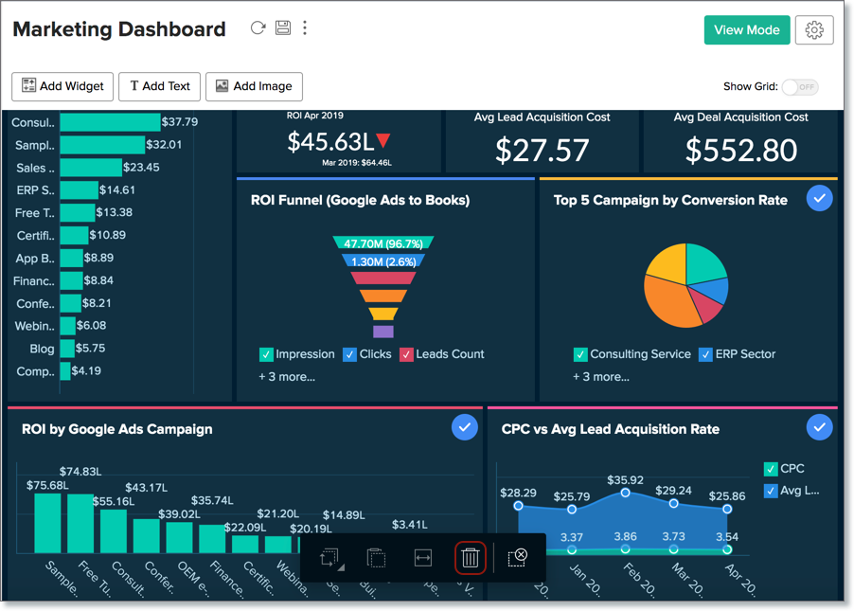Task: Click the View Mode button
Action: point(746,30)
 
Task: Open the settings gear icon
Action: point(814,30)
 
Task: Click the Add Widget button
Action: point(62,86)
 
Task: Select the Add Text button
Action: point(159,86)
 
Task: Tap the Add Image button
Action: point(253,86)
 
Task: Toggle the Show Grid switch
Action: point(800,86)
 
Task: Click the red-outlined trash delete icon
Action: point(471,558)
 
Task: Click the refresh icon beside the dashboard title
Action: point(258,28)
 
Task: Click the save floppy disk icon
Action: point(282,28)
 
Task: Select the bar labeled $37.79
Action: point(110,122)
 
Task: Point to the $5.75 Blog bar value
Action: point(90,349)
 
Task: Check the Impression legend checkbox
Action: point(266,354)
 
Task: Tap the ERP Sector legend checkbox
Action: point(705,354)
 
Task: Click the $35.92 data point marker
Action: point(625,493)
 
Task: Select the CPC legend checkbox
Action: point(770,469)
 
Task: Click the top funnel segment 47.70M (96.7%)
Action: point(383,243)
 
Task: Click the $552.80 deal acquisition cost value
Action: point(740,150)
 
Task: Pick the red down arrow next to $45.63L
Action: point(383,141)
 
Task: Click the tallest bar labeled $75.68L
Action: point(47,523)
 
